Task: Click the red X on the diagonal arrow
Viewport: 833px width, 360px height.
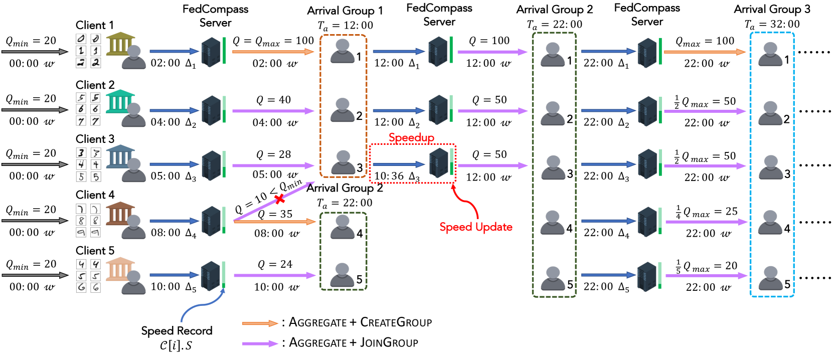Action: click(280, 199)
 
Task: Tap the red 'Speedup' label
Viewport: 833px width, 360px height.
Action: click(411, 137)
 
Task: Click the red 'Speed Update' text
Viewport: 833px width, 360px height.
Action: click(476, 227)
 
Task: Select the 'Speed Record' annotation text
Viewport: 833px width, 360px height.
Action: click(177, 331)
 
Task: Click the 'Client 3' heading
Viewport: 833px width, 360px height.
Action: click(95, 139)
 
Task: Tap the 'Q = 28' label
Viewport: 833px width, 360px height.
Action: click(273, 154)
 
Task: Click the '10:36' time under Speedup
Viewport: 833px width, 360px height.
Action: click(389, 176)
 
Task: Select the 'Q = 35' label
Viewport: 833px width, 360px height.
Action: click(275, 214)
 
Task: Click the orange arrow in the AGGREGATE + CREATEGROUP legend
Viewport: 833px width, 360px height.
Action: click(260, 323)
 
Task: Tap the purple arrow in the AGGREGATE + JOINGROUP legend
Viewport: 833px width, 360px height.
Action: click(260, 343)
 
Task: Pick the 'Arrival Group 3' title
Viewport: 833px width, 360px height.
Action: click(772, 9)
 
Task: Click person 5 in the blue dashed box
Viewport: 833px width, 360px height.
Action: click(770, 278)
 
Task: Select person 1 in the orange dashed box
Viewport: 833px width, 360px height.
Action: click(343, 51)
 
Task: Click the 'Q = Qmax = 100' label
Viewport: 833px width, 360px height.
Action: click(273, 41)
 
